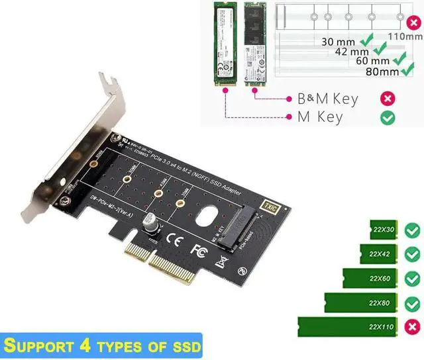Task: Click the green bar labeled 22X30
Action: [385, 230]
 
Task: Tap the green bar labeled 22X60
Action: [371, 278]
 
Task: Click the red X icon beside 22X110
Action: [412, 327]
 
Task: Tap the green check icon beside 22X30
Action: [412, 230]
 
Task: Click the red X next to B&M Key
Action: [388, 99]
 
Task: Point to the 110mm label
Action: [405, 36]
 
